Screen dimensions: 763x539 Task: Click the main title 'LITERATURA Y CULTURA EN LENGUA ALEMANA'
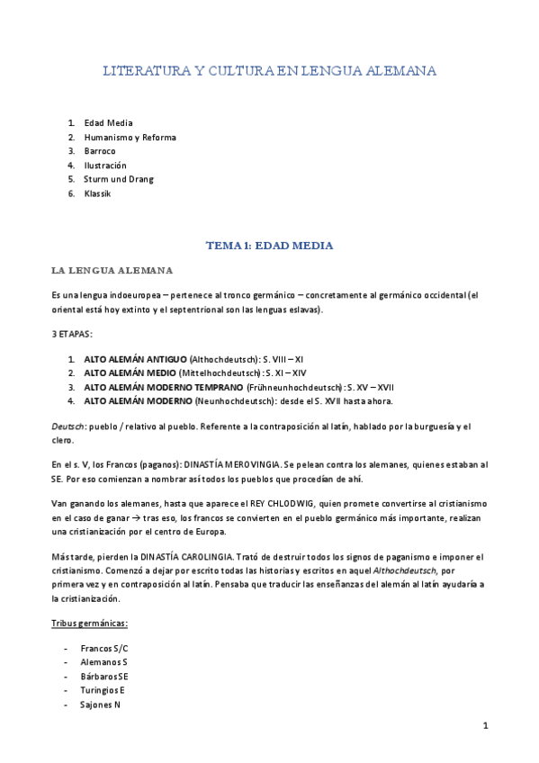[x=269, y=70]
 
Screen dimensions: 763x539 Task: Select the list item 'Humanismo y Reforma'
[x=130, y=138]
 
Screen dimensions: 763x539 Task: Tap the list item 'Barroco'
[x=101, y=152]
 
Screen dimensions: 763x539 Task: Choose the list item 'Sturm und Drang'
[x=118, y=179]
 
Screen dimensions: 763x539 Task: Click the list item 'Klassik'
[x=98, y=193]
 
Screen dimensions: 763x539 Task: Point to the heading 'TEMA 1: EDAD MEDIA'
[x=269, y=245]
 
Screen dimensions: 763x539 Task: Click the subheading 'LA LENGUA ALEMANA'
[x=112, y=270]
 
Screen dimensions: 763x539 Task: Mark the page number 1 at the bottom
[x=484, y=725]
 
